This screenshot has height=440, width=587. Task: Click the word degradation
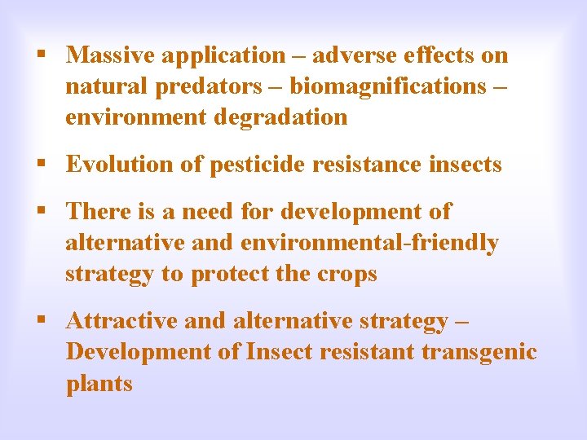(280, 117)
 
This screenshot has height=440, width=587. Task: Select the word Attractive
(122, 321)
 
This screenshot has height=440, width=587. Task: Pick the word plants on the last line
(99, 384)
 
